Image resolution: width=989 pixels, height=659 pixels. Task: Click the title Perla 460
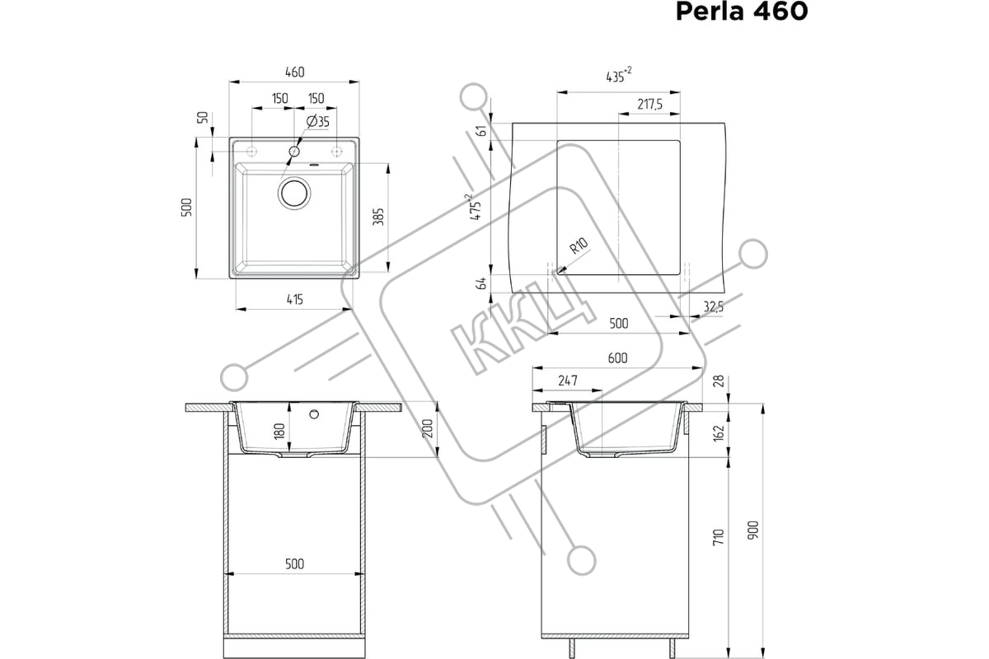coord(742,11)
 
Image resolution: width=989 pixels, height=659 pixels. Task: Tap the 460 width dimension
coord(294,72)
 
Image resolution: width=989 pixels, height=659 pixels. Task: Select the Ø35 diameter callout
coord(318,121)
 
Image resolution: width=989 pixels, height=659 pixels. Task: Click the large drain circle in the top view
coord(294,194)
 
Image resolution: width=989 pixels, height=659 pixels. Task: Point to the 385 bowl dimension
coord(379,217)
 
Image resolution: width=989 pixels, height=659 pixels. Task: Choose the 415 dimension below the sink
coord(295,300)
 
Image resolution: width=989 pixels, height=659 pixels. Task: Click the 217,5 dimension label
coord(649,105)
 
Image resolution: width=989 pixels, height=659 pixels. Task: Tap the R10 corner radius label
coord(579,245)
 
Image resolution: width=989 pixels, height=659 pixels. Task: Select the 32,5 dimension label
coord(714,306)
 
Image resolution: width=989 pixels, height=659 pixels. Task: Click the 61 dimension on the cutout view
coord(482,131)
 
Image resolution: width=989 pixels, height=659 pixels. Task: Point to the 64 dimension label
coord(482,283)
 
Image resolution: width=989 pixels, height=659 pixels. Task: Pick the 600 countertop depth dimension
coord(617,358)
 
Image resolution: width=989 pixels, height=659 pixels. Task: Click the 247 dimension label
coord(568,381)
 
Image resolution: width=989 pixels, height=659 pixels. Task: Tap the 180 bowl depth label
coord(279,431)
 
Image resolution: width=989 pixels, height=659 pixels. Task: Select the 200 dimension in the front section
coord(428,428)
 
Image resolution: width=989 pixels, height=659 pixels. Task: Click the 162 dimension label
coord(719,432)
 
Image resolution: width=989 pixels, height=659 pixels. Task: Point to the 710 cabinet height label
coord(719,537)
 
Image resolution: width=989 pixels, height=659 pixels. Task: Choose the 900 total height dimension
coord(753,530)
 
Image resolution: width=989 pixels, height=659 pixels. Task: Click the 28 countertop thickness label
coord(719,381)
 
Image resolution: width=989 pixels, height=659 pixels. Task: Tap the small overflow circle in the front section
coord(314,414)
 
